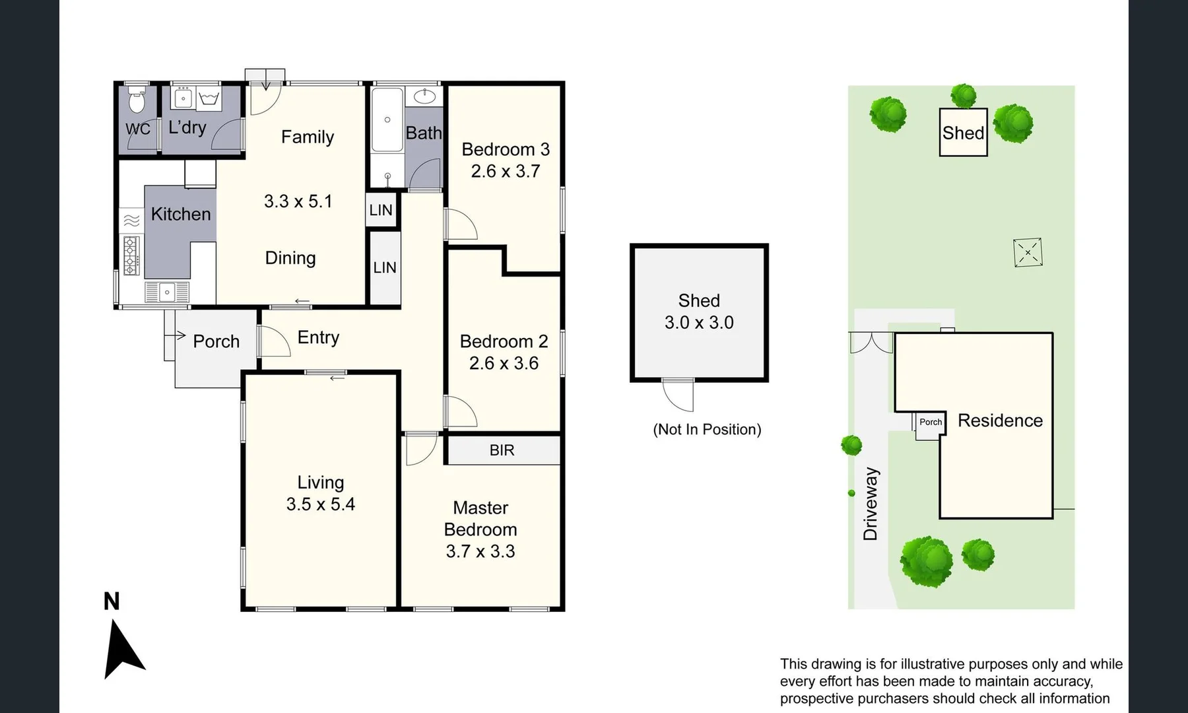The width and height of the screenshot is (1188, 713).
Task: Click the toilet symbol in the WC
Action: click(x=137, y=101)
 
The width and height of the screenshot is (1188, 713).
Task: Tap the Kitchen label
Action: click(x=180, y=214)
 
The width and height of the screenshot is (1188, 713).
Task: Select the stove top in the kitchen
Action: click(x=131, y=256)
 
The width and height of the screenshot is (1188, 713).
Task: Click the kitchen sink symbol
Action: click(x=167, y=292)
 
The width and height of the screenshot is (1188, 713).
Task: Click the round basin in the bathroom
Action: click(x=424, y=96)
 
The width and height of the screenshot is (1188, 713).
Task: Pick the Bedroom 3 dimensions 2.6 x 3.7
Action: click(x=505, y=171)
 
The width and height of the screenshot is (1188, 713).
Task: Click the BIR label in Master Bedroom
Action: click(x=502, y=450)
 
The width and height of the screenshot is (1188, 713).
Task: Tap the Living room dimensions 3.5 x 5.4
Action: click(x=320, y=504)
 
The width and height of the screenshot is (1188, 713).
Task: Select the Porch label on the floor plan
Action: click(x=216, y=341)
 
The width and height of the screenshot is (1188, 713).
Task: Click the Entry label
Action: click(x=318, y=337)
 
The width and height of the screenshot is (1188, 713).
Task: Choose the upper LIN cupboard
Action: click(x=381, y=211)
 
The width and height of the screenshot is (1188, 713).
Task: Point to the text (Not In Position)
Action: click(x=707, y=430)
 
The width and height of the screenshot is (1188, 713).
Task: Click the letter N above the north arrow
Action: click(x=112, y=601)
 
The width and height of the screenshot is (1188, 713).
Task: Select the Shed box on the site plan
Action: click(x=963, y=133)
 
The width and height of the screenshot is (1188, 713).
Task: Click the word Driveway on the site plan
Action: click(x=871, y=504)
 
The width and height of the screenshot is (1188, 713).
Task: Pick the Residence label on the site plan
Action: click(x=1000, y=421)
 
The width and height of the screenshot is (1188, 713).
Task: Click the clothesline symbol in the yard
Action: click(x=1028, y=252)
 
